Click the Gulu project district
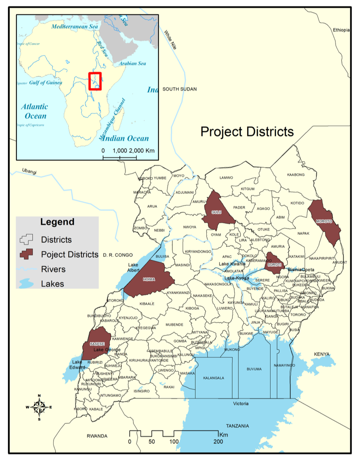tap(217, 212)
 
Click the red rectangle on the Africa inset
tap(95, 81)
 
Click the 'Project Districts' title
tap(247, 132)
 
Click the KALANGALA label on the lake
tap(213, 378)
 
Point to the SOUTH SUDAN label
tap(179, 89)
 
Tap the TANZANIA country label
tap(237, 426)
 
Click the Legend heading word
tap(57, 222)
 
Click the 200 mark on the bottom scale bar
tap(218, 441)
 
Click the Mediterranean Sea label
tap(75, 27)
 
